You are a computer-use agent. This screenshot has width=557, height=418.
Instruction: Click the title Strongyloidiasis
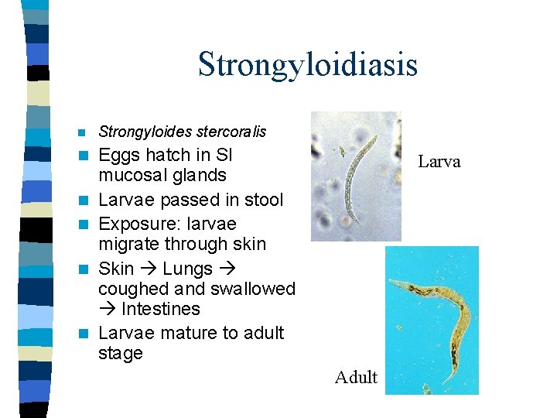point(307,64)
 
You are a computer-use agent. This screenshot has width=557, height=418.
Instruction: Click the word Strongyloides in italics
point(138,132)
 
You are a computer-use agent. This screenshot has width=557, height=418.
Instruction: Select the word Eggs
point(120,155)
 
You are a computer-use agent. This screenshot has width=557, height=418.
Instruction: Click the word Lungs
point(188,269)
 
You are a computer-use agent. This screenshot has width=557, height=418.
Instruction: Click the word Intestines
point(160,309)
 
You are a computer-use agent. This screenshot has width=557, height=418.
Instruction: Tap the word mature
point(190,333)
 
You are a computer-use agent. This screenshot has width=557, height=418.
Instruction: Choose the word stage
point(121,354)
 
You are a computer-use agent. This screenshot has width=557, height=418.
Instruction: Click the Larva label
point(439,162)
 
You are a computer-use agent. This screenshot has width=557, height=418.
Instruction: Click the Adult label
point(356,378)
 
